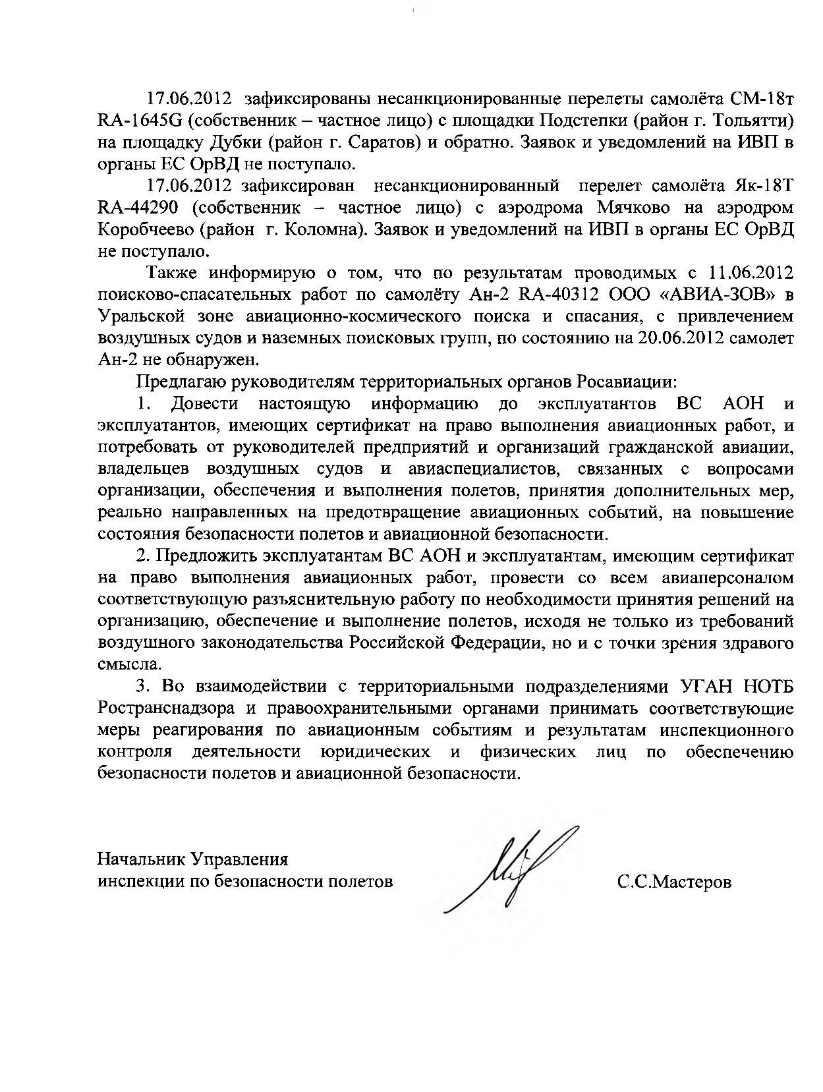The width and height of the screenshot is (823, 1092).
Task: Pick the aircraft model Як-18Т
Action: (764, 187)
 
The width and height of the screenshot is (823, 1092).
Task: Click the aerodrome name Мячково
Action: (634, 208)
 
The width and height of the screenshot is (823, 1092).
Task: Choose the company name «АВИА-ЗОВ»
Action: (706, 294)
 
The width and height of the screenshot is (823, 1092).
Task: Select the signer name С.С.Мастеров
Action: (674, 882)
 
